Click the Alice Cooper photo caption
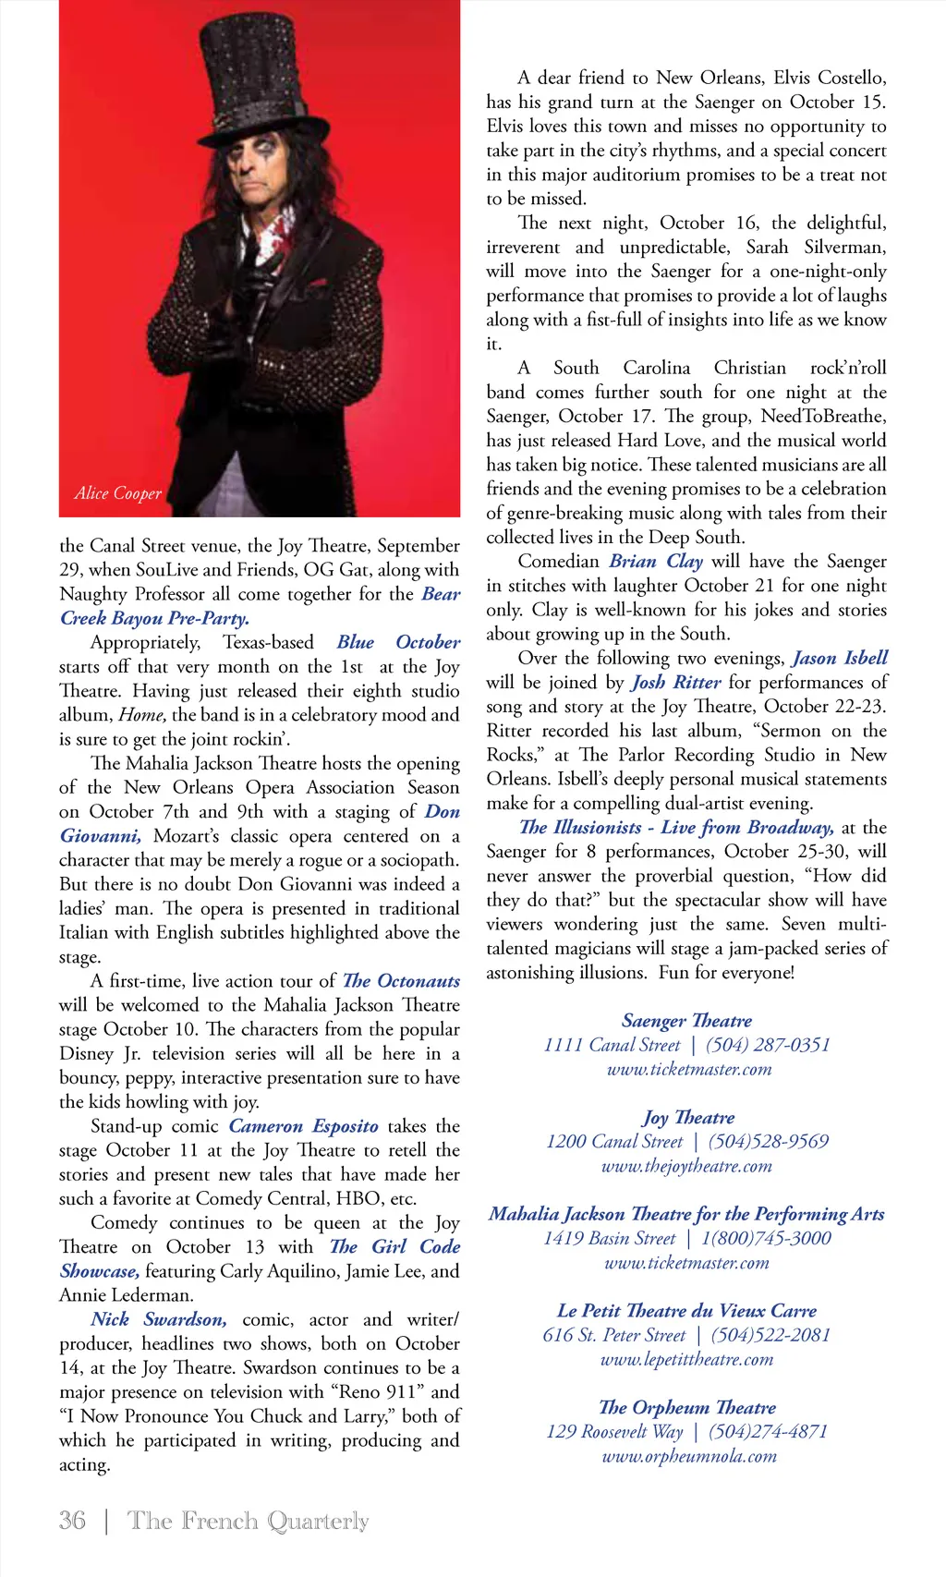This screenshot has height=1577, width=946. point(118,493)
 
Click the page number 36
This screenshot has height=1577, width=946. point(72,1521)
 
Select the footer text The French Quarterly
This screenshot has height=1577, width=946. point(248,1521)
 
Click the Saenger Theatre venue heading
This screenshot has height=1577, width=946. point(686,1021)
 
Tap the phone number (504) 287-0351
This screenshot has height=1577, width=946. point(768,1045)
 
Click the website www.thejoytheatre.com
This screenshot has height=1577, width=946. point(686,1166)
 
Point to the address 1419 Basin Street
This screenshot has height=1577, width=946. point(610,1238)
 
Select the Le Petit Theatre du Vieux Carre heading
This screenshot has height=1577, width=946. point(686,1311)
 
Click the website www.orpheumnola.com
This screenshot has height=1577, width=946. point(689,1456)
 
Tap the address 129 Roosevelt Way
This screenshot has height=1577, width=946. point(614,1432)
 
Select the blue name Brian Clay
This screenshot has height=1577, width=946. point(656,562)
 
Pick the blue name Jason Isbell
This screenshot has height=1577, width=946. point(840,658)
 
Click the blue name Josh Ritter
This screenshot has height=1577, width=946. point(676,683)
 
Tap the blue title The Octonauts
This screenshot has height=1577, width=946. point(401,981)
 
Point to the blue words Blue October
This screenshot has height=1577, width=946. point(398,642)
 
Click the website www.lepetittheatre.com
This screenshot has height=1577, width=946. point(686,1359)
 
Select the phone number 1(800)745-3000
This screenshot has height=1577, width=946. point(766,1238)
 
